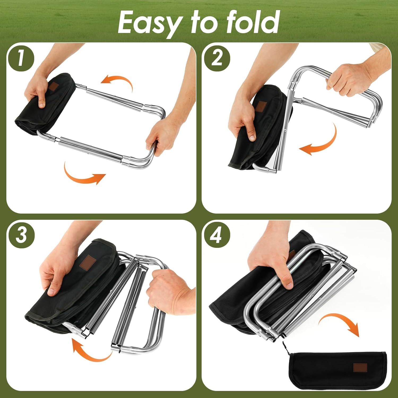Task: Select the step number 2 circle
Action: click(x=217, y=58)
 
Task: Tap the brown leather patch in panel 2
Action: click(x=263, y=107)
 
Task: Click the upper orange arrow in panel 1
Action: click(x=118, y=82)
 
